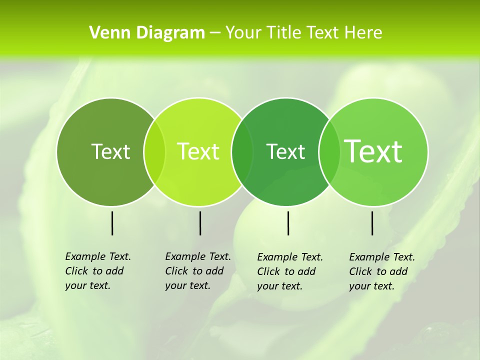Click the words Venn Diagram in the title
tap(147, 33)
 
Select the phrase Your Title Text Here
tap(303, 33)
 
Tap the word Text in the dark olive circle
tap(110, 151)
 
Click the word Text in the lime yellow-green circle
tap(198, 151)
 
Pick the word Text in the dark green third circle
tap(286, 151)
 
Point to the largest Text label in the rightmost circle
tap(373, 151)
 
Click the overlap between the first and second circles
tap(154, 151)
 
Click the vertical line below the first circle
tap(112, 223)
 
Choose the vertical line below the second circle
tap(200, 223)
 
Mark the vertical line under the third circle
tap(288, 223)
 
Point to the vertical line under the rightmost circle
tap(372, 223)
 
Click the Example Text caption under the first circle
tap(97, 271)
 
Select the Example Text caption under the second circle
tap(197, 271)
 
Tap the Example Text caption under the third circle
tap(289, 271)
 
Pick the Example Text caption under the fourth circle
tap(381, 271)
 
